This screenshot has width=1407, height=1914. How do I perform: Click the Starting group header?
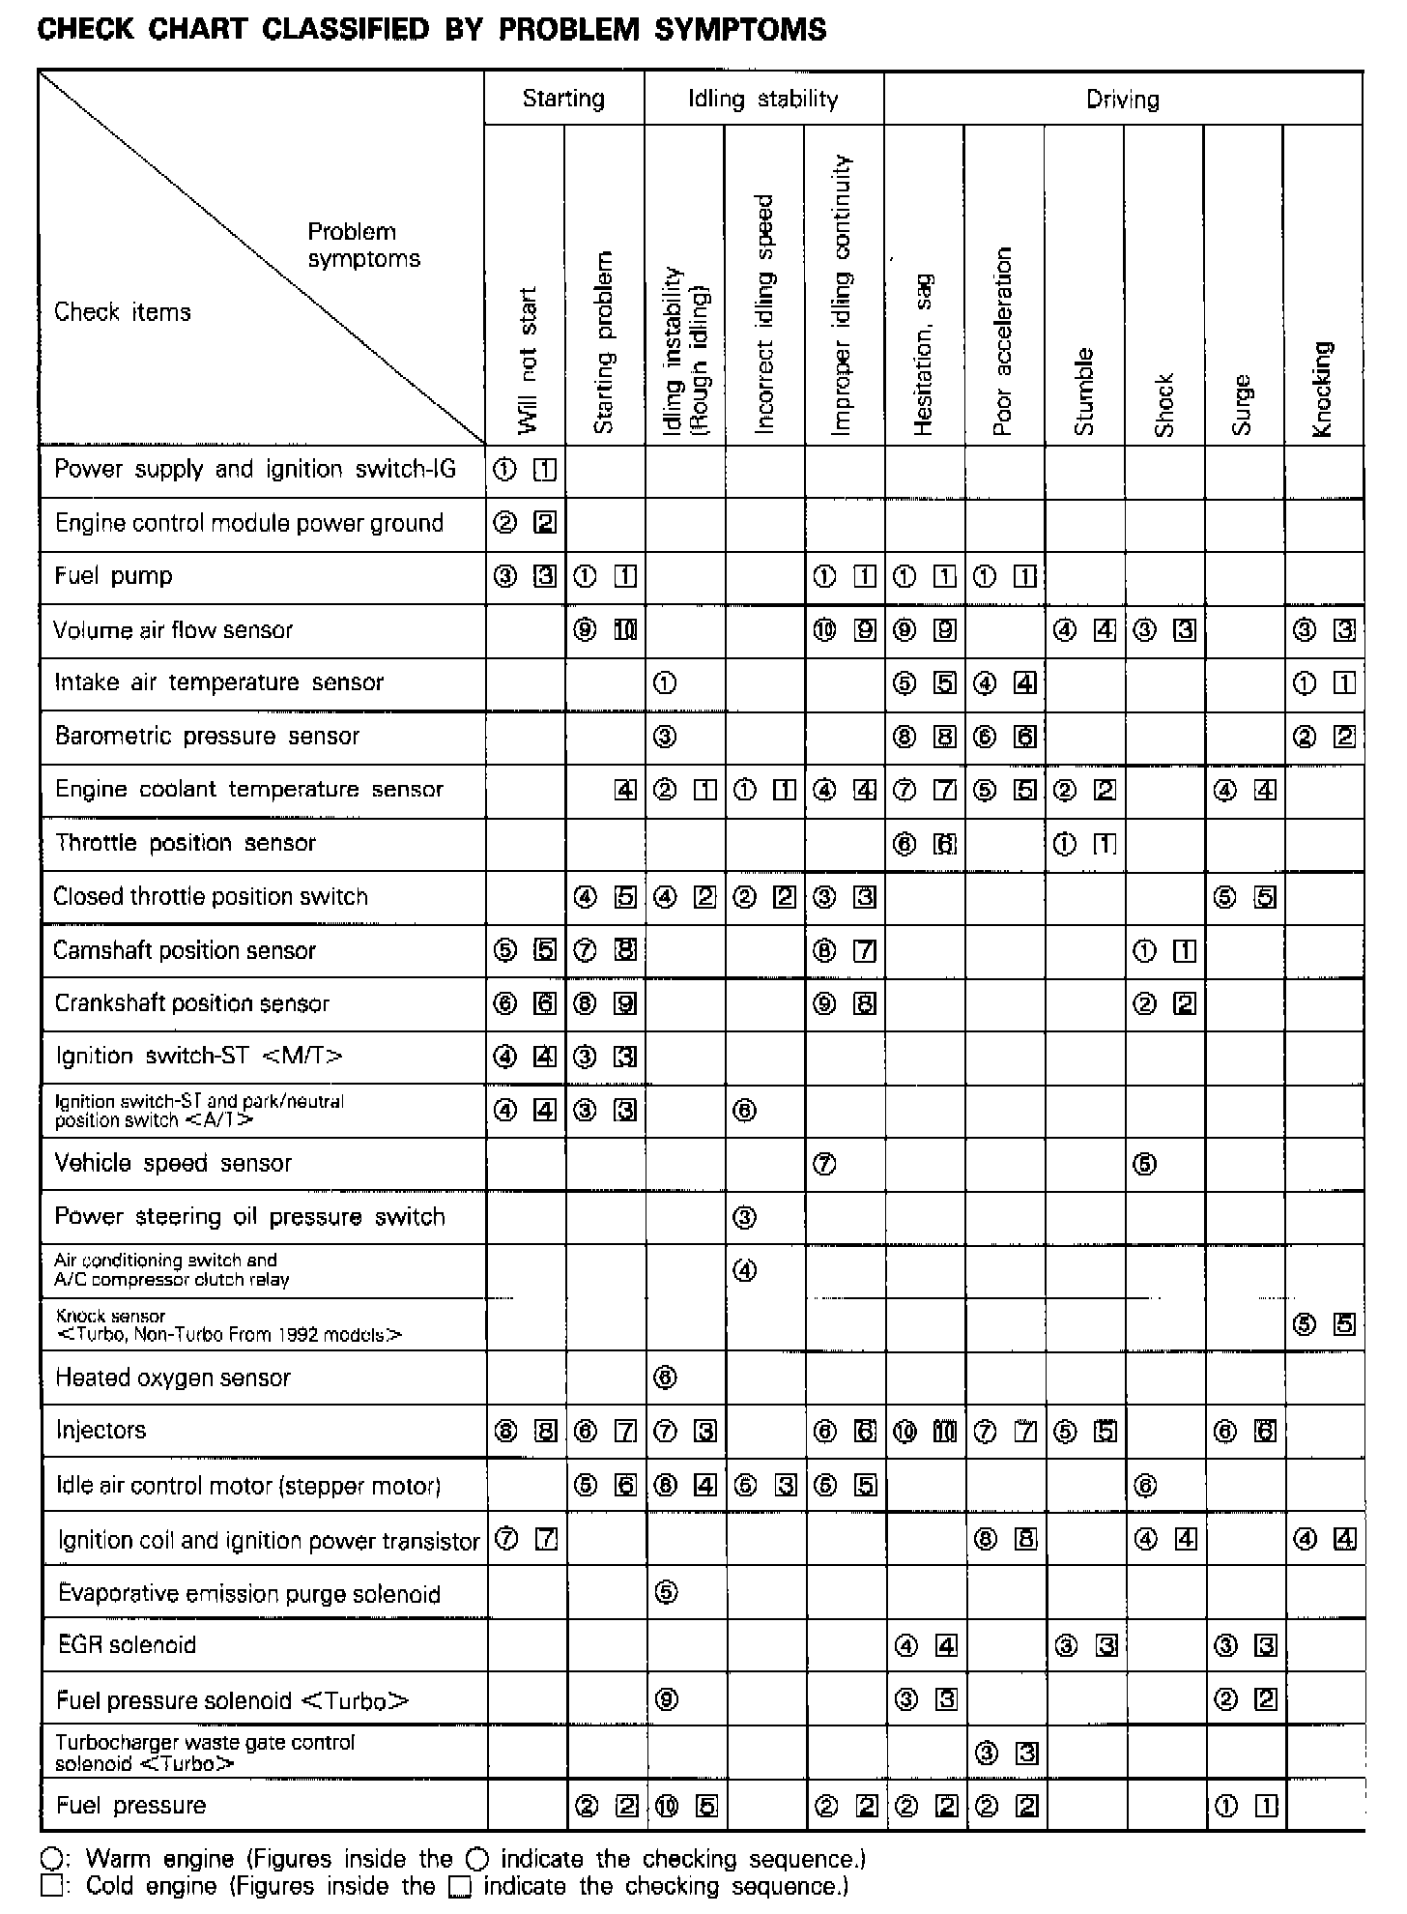(563, 99)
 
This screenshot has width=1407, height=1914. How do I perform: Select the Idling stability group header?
(762, 99)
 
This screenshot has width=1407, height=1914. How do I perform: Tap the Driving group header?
(1122, 100)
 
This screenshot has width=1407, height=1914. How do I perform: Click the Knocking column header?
(1323, 388)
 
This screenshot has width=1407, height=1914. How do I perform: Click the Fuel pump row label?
(113, 576)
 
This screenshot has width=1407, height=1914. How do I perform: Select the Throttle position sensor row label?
(186, 843)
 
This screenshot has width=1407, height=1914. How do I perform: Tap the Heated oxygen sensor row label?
(173, 1377)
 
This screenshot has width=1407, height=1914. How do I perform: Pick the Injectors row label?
(100, 1430)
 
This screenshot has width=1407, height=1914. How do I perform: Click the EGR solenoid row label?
(127, 1644)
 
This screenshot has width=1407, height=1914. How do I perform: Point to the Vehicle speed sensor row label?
(173, 1163)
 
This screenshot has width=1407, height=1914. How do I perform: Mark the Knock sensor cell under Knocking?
(1324, 1323)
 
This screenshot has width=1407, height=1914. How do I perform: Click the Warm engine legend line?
(454, 1859)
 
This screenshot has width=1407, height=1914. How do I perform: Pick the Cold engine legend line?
(445, 1886)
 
